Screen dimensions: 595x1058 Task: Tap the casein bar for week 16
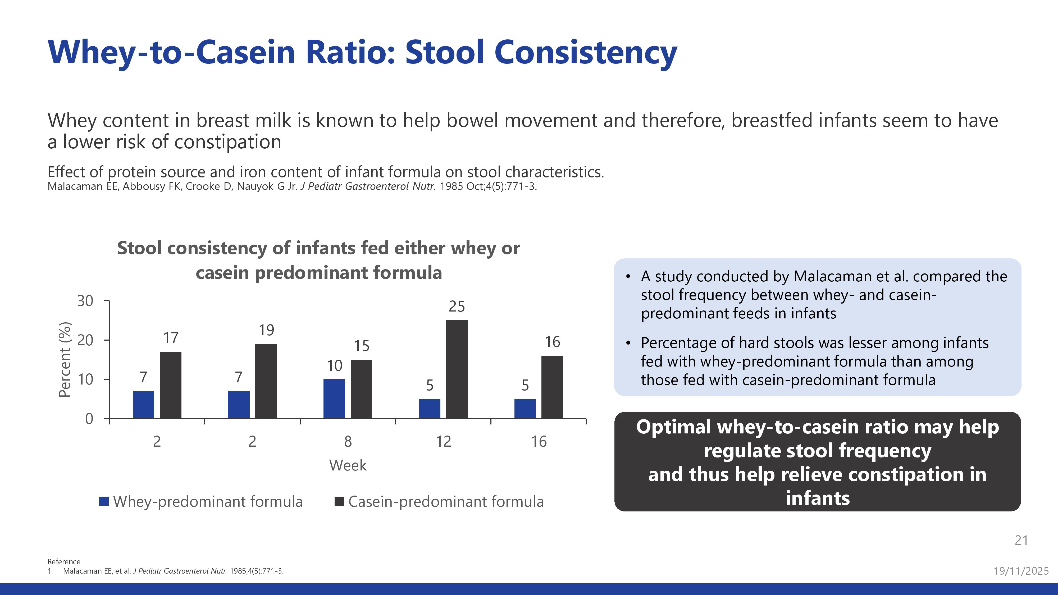552,387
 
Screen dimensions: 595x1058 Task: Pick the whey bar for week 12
430,409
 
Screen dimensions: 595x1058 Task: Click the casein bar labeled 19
266,381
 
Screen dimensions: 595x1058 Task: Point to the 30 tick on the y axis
85,301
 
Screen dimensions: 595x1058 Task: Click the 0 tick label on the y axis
89,419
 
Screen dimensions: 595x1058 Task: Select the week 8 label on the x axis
348,441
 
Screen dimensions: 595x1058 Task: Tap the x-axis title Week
348,465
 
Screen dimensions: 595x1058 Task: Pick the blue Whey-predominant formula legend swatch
104,501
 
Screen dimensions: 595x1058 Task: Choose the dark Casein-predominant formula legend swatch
339,501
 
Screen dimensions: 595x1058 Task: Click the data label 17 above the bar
171,338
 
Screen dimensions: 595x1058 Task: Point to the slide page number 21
1021,540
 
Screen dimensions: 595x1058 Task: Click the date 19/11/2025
1021,571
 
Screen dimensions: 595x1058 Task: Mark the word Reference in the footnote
64,561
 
